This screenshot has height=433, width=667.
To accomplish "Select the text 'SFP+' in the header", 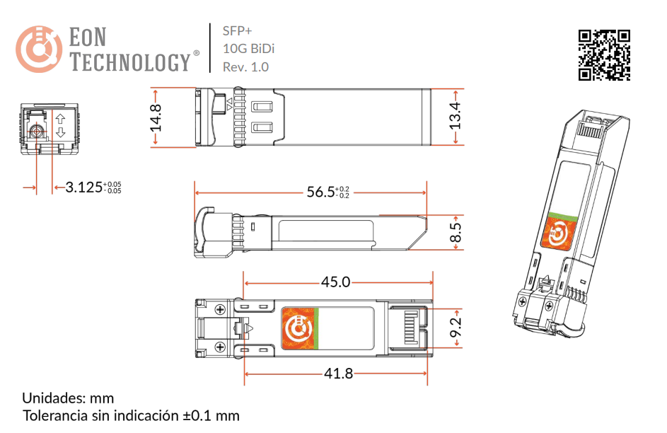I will pyautogui.click(x=237, y=31).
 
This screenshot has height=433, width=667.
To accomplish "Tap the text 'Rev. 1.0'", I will pyautogui.click(x=245, y=67).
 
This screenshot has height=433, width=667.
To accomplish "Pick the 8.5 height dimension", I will pyautogui.click(x=455, y=232).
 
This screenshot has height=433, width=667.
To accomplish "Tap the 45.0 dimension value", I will pyautogui.click(x=335, y=282).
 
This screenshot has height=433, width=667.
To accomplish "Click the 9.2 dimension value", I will pyautogui.click(x=455, y=328).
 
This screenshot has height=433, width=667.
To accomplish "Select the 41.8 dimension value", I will pyautogui.click(x=337, y=374).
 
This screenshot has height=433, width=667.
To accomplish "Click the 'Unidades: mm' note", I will pyautogui.click(x=68, y=398).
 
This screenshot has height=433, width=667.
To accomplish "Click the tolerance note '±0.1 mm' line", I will pyautogui.click(x=131, y=415).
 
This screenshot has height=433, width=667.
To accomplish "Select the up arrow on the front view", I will pyautogui.click(x=60, y=118).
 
